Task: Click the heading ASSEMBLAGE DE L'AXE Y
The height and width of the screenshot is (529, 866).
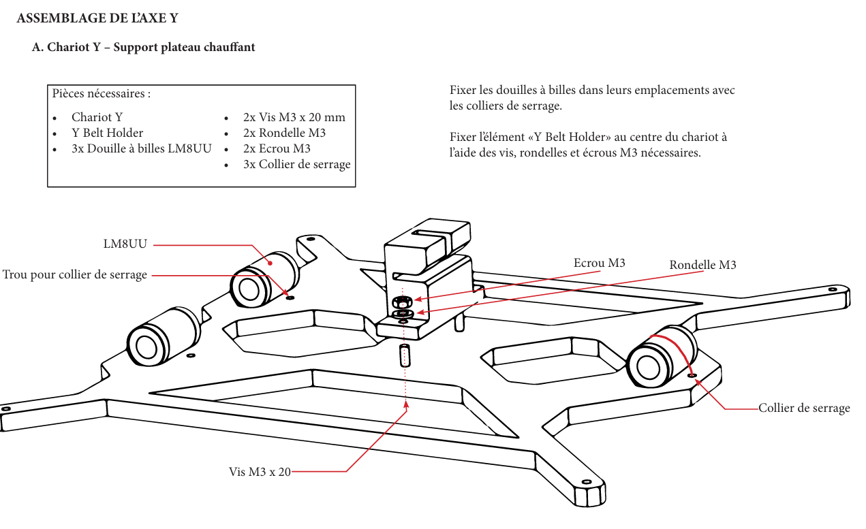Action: pos(97,18)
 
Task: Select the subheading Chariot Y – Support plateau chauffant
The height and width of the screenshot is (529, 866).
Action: pos(144,48)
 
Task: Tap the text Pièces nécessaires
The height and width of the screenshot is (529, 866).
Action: pos(102,93)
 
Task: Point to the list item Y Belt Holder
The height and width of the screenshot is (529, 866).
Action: pos(107,133)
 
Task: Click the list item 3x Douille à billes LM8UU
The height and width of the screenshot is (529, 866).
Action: pos(141,148)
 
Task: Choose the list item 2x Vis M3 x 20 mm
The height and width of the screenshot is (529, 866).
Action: pos(294,117)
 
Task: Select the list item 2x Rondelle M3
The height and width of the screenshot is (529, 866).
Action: pos(284,133)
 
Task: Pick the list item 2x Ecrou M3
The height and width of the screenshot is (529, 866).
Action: pos(277,148)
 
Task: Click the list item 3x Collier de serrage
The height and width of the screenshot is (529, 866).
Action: pos(296,164)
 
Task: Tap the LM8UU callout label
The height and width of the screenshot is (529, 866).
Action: pos(125,244)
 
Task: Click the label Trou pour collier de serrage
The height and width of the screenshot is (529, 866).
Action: pos(74,275)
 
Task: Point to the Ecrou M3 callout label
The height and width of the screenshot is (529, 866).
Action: pos(599,263)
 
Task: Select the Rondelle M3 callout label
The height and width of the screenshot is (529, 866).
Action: pos(702,265)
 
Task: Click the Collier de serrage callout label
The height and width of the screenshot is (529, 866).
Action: pos(804,408)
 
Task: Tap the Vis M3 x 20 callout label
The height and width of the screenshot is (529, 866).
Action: pos(260,471)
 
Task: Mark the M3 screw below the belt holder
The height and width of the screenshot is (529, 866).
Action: pos(405,355)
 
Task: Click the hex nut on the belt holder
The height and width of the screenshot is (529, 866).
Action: pos(402,300)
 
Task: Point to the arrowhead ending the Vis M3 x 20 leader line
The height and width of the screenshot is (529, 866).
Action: pos(406,407)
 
